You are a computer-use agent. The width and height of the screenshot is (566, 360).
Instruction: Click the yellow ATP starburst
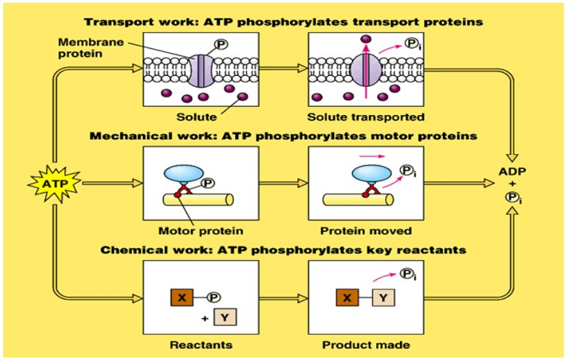pos(54,183)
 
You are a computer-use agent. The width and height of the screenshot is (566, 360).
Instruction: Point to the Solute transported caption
pos(366,117)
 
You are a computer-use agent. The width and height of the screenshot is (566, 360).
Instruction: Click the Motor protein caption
pos(200,231)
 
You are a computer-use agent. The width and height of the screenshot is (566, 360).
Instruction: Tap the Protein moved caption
pos(366,231)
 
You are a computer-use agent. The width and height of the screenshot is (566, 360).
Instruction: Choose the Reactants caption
pos(200,344)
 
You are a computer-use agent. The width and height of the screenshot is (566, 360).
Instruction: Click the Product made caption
pos(366,344)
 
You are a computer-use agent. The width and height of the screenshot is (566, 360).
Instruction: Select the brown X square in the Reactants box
pos(182,298)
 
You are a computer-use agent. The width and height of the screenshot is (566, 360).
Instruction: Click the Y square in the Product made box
pos(384,298)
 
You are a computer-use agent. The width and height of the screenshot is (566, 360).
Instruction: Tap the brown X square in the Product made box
pos(347,298)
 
